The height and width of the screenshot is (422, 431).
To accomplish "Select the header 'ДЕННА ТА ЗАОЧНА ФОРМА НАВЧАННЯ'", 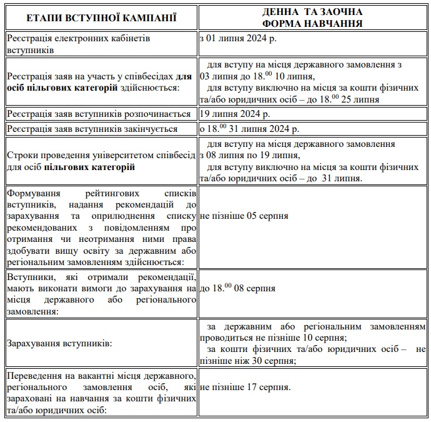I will pyautogui.click(x=312, y=17).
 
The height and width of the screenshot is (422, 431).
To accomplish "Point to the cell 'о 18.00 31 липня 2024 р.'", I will pyautogui.click(x=249, y=129).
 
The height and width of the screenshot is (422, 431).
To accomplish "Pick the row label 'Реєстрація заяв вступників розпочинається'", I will pyautogui.click(x=99, y=114).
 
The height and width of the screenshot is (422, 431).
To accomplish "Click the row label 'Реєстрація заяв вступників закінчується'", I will pyautogui.click(x=92, y=129).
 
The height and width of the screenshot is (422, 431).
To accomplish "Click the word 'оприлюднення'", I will pyautogui.click(x=114, y=216).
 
